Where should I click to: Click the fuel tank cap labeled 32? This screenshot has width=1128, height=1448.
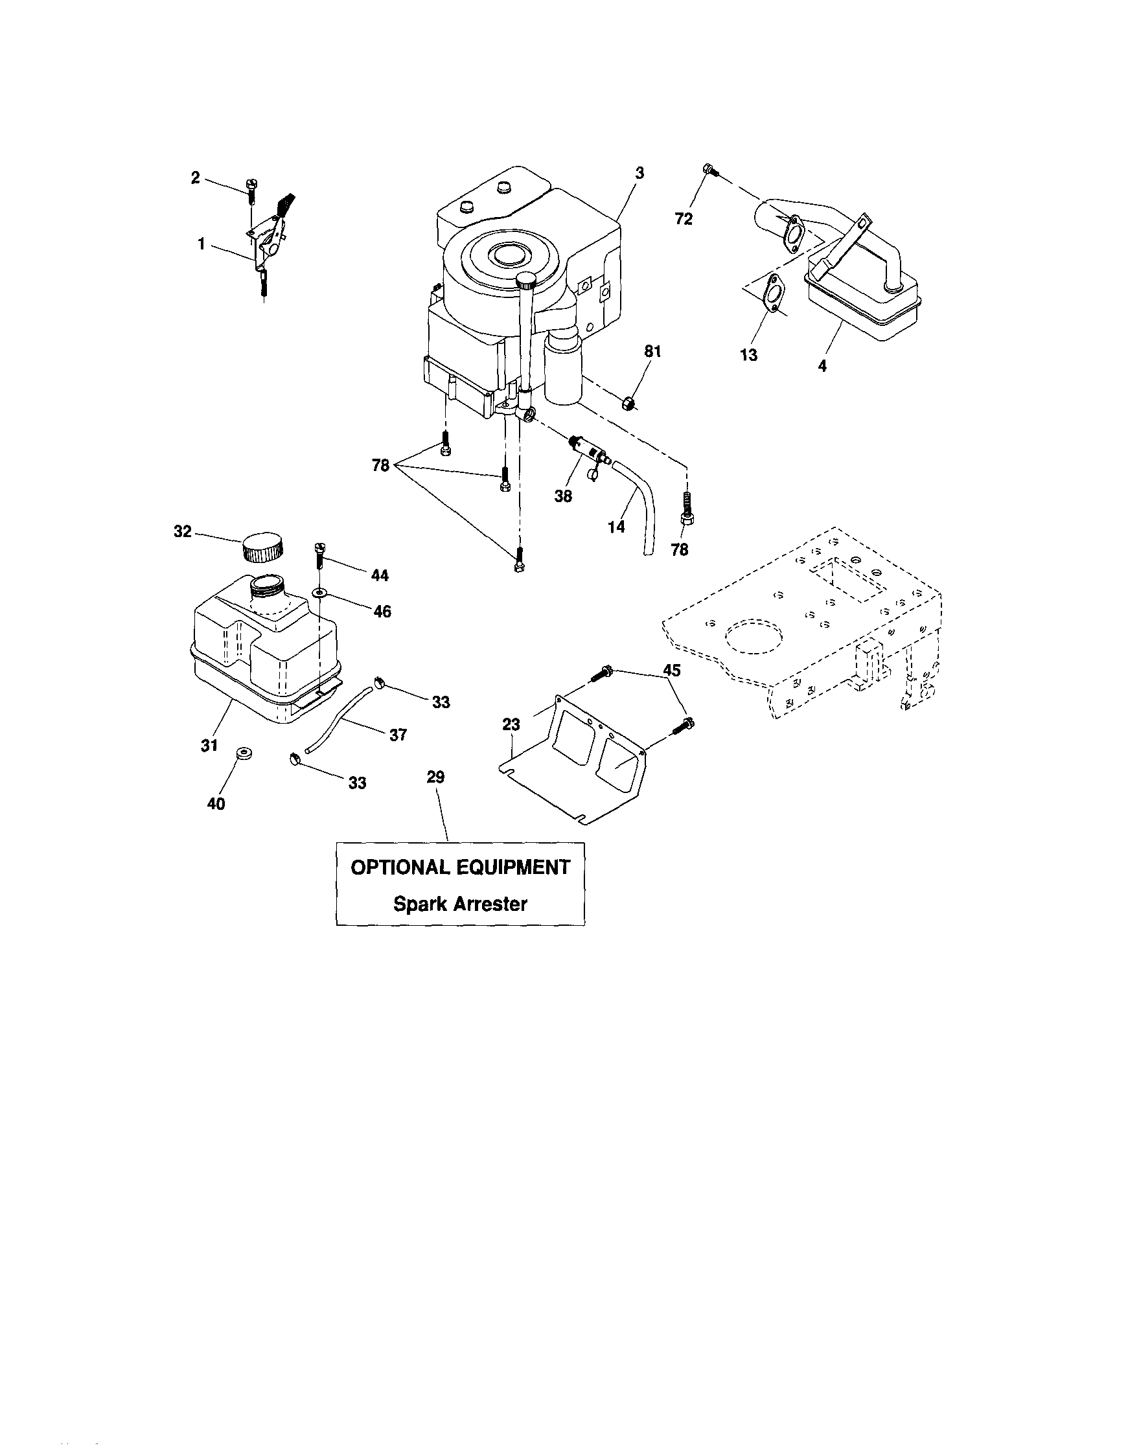(262, 546)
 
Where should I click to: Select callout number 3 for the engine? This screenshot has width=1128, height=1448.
(639, 173)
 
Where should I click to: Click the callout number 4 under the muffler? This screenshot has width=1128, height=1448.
(822, 365)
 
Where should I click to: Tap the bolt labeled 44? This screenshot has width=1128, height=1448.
(319, 556)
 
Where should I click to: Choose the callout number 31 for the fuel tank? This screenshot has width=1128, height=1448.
(209, 746)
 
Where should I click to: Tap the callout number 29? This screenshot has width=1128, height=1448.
(435, 777)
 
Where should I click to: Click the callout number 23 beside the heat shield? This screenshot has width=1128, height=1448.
(511, 726)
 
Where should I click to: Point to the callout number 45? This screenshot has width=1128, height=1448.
(672, 671)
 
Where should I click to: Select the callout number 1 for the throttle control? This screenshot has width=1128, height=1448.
(201, 244)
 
